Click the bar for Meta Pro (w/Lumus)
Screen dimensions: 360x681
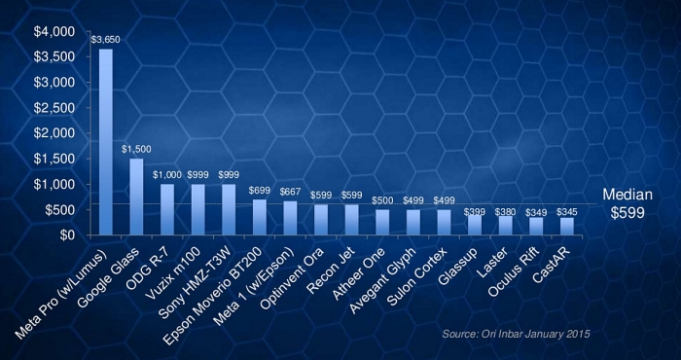[x=106, y=141]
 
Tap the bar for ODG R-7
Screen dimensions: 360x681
[x=166, y=209]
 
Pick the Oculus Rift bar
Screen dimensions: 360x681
[x=535, y=226]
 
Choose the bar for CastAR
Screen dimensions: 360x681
[x=566, y=226]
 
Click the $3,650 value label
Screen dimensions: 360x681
[x=105, y=41]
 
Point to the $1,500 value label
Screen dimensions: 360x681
[x=136, y=150]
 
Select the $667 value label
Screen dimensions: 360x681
[x=290, y=192]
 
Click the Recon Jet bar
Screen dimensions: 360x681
[x=351, y=219]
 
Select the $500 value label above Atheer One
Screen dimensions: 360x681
[x=382, y=200]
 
